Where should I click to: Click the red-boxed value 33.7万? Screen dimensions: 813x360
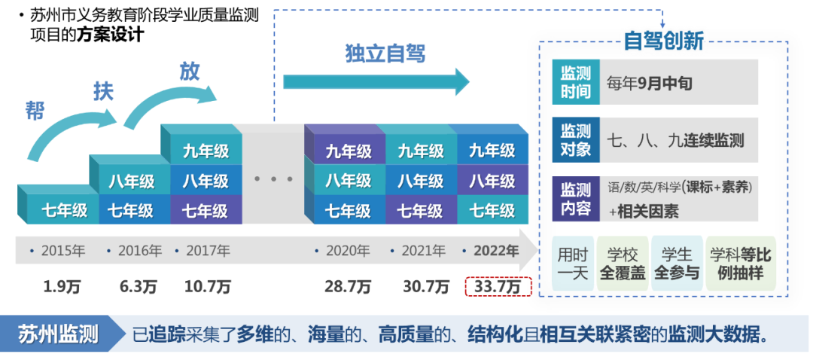tap(498, 287)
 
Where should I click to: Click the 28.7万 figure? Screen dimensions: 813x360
tap(349, 287)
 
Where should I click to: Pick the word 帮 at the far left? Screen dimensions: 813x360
tap(35, 110)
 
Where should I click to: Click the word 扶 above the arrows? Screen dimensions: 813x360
tap(103, 90)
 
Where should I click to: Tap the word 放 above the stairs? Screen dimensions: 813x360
tap(189, 71)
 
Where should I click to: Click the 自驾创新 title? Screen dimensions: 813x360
tap(663, 39)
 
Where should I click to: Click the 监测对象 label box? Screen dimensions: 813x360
tap(576, 140)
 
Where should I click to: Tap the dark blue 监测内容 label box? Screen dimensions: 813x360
tap(576, 199)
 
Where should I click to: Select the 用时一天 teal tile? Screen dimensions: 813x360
tap(572, 264)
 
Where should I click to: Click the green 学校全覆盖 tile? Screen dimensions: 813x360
tap(622, 264)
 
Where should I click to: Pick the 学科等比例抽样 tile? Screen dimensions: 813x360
tap(738, 264)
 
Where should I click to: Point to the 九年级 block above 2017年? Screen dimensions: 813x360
tap(206, 151)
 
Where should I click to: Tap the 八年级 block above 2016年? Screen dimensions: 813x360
tap(132, 181)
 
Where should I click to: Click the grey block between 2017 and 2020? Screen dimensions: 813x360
tap(273, 173)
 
